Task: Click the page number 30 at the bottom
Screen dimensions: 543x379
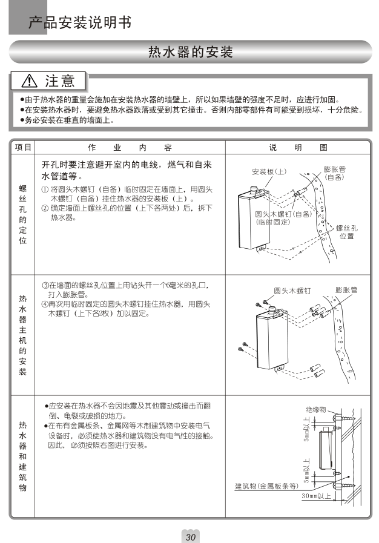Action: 190,537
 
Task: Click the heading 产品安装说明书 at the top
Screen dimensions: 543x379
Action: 80,23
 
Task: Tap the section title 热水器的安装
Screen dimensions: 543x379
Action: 190,52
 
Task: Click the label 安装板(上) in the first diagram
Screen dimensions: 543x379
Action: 269,172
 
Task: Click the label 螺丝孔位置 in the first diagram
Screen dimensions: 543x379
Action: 347,232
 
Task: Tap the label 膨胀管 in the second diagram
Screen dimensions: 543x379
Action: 346,290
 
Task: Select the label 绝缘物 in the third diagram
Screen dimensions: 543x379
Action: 316,410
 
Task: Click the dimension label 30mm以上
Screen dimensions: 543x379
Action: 316,496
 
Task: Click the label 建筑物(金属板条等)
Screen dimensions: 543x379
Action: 267,485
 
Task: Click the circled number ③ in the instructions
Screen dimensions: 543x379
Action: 45,285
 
